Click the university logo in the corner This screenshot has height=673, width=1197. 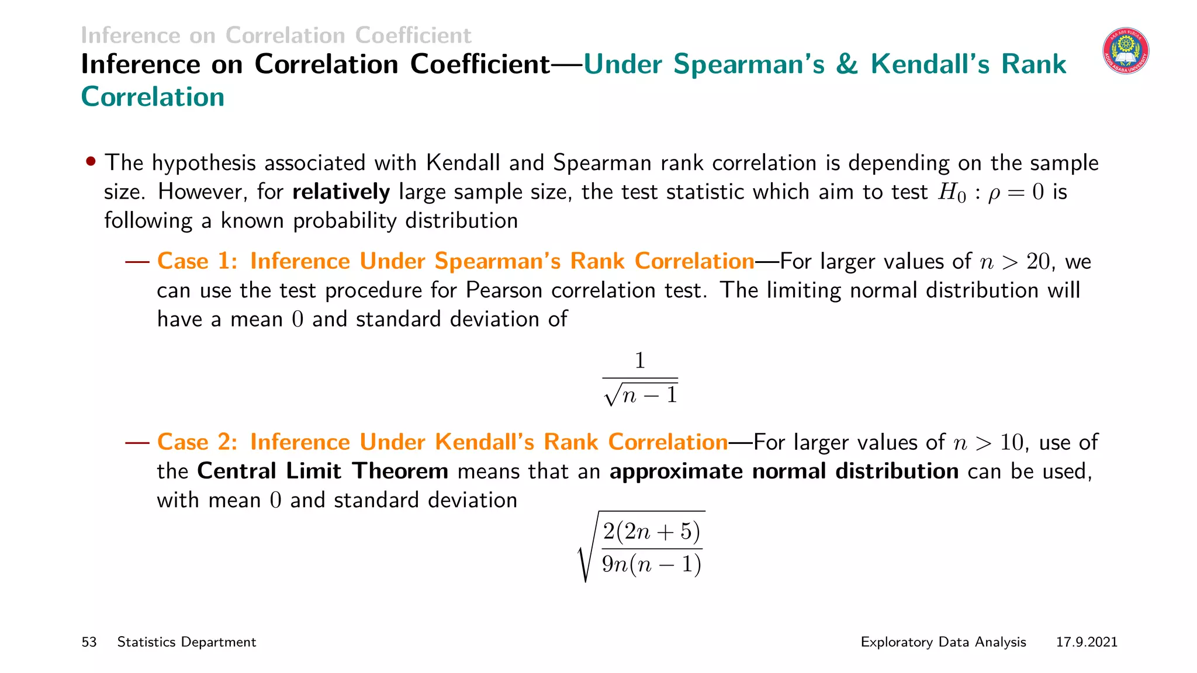(x=1126, y=51)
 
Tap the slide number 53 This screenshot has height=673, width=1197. (x=89, y=642)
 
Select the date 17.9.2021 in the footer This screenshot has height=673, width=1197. (x=1087, y=642)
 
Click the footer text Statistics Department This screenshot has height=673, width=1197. (x=186, y=642)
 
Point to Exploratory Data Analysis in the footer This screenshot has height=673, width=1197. (x=943, y=642)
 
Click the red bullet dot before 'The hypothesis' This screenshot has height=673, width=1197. (x=91, y=161)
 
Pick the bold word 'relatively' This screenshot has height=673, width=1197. (x=341, y=192)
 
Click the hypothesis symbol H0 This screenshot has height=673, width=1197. (x=952, y=193)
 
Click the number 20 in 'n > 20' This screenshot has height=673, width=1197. (x=1039, y=262)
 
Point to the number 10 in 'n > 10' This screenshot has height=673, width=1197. (x=1012, y=443)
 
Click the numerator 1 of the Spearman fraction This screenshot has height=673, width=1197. (x=640, y=360)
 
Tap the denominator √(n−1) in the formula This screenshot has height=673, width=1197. (x=641, y=395)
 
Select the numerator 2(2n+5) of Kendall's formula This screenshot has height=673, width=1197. (x=651, y=531)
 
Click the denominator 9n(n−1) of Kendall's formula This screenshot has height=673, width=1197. (x=651, y=564)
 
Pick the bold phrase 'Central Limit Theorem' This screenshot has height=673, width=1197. (x=323, y=471)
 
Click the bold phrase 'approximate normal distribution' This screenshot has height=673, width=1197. (x=784, y=471)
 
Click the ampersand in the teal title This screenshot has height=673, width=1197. (x=847, y=64)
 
